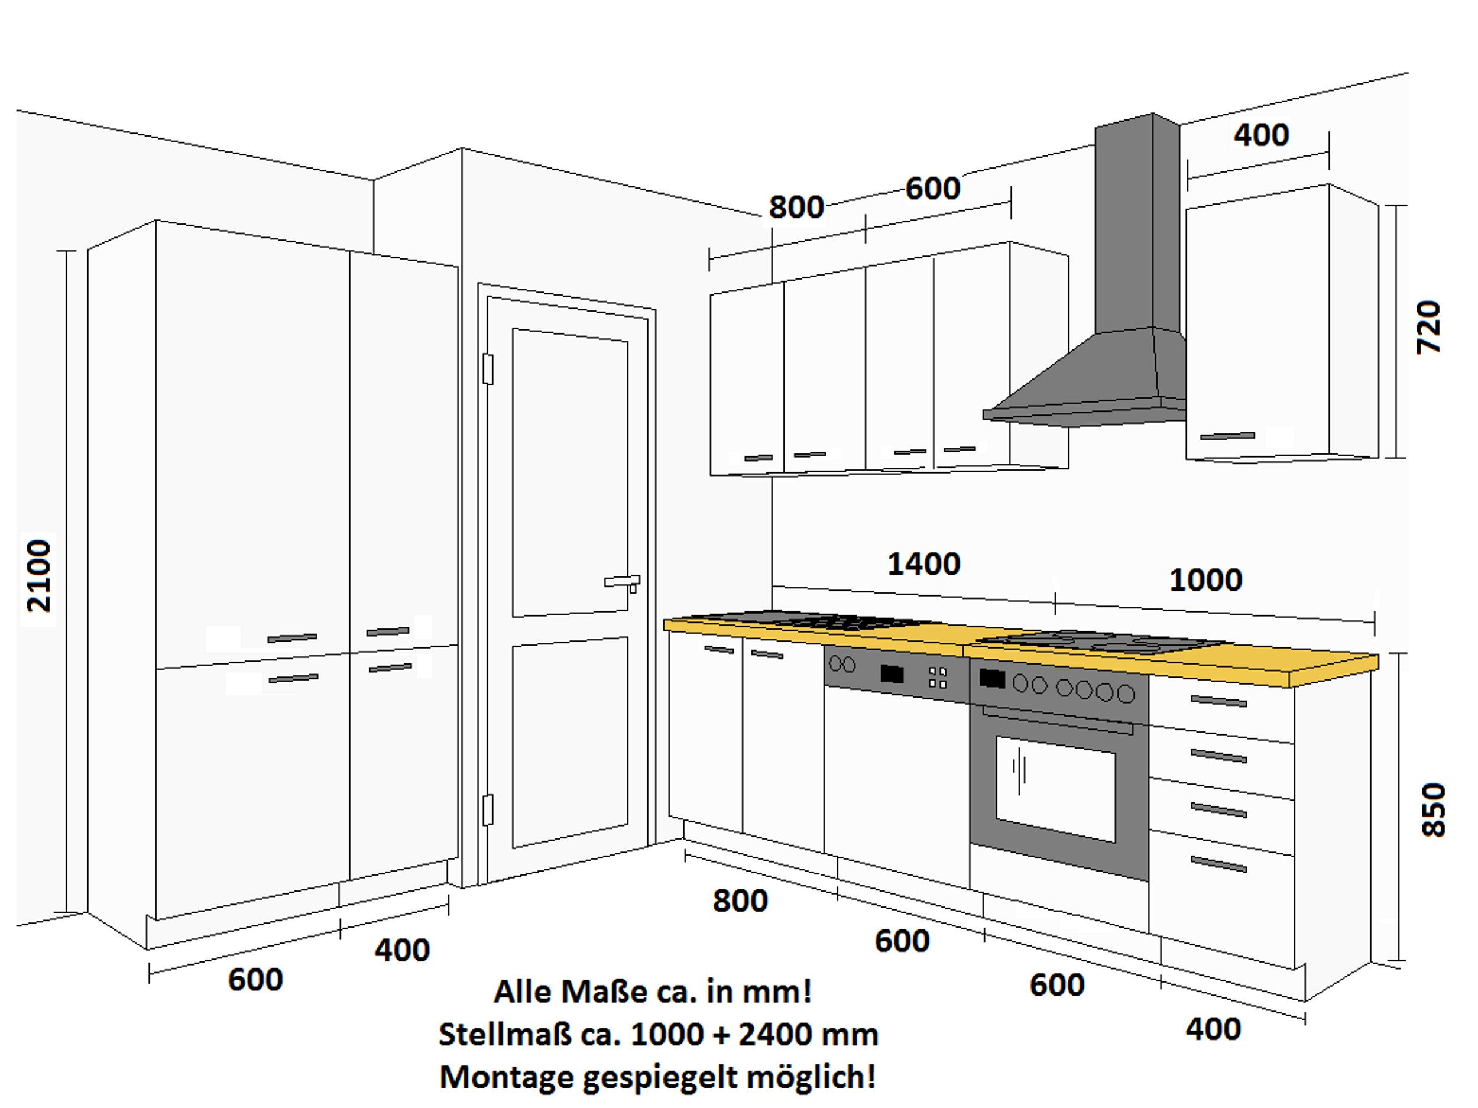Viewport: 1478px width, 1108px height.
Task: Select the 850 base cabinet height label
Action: pos(1432,810)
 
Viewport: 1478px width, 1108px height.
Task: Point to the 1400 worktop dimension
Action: pos(923,565)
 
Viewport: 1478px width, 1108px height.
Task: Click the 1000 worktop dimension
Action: pos(1205,581)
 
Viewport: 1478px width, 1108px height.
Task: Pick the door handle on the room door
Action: pos(622,582)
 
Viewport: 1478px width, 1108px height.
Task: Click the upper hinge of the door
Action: pos(488,370)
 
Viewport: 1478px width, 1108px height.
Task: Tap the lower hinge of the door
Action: pos(488,810)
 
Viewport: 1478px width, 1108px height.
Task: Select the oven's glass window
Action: pos(1055,789)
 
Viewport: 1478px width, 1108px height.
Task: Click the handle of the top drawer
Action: pos(1218,701)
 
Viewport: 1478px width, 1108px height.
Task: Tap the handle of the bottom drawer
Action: pos(1218,865)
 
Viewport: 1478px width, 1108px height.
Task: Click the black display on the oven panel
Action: pos(991,679)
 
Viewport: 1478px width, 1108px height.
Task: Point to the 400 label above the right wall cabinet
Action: pos(1261,135)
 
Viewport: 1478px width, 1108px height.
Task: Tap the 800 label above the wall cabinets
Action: pos(796,208)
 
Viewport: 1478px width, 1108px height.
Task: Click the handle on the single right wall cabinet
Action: pos(1227,436)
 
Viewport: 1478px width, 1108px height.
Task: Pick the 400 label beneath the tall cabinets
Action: pos(401,950)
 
